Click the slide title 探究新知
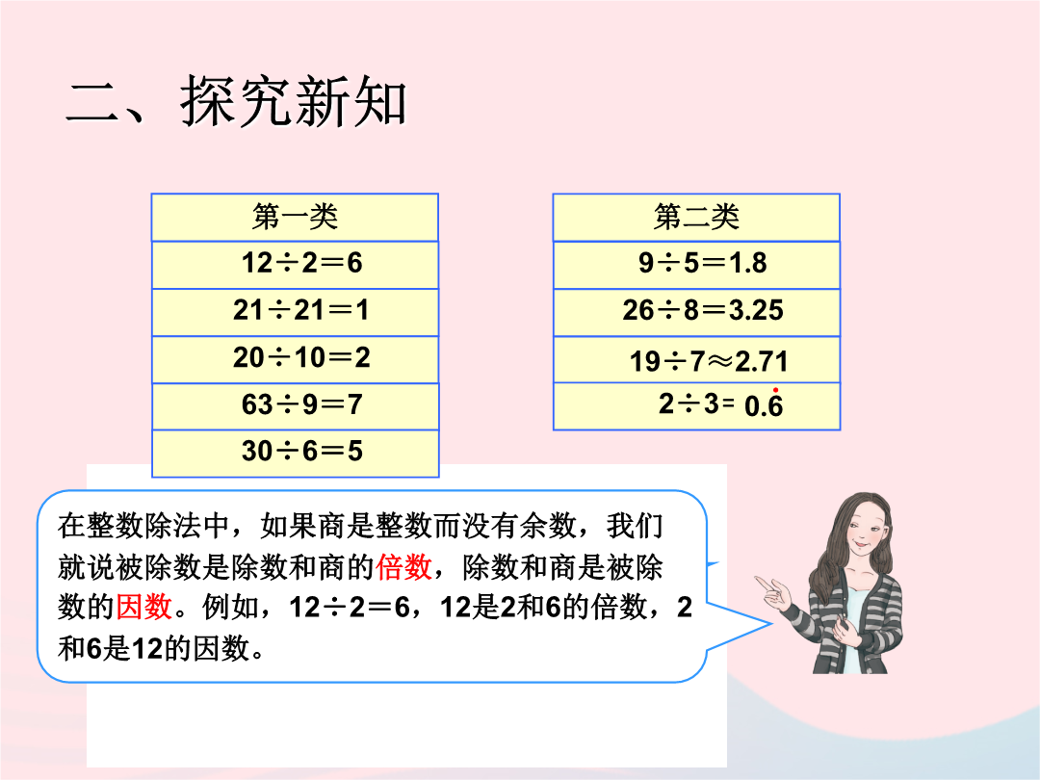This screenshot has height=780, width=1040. [x=293, y=101]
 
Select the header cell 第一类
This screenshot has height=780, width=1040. [x=296, y=218]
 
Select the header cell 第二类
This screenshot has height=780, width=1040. [x=696, y=218]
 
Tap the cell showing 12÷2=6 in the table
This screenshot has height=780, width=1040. [x=296, y=265]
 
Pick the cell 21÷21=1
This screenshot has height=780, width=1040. [x=296, y=312]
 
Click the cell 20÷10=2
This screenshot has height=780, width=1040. [x=296, y=359]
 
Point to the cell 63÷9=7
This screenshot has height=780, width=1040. [x=296, y=406]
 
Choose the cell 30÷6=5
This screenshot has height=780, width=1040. [x=296, y=453]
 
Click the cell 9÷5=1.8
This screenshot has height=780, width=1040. [x=696, y=265]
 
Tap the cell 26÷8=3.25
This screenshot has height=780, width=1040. [x=696, y=312]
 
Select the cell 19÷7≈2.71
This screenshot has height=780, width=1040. [x=696, y=359]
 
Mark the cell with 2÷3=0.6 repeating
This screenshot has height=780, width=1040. [x=696, y=406]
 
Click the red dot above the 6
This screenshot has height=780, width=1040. [x=775, y=390]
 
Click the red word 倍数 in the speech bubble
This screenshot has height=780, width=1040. [x=403, y=567]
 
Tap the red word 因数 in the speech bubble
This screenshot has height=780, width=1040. [x=143, y=607]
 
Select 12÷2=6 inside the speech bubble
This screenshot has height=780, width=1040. [x=351, y=607]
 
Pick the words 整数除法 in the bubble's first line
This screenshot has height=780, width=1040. [x=143, y=526]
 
